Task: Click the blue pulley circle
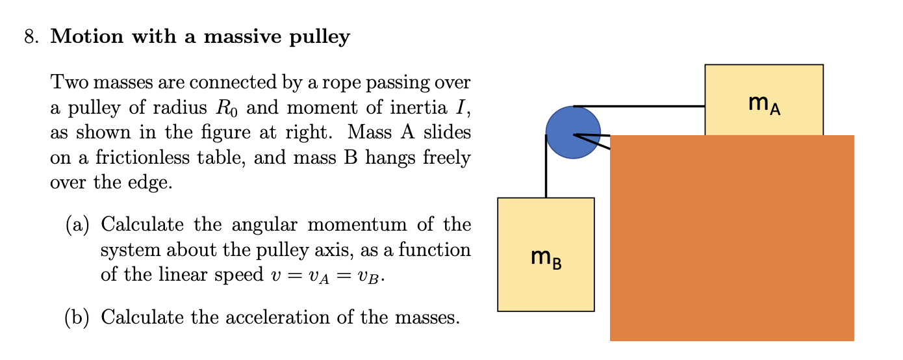point(573,133)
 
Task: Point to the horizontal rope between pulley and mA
point(640,105)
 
